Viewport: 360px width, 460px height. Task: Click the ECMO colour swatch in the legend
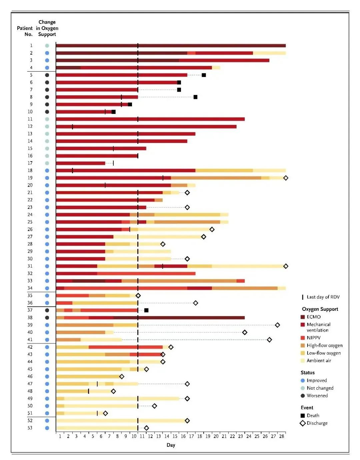[303, 317]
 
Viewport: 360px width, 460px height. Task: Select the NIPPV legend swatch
[303, 338]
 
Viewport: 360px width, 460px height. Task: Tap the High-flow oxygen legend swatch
[303, 345]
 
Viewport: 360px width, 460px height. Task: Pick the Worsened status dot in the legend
[303, 396]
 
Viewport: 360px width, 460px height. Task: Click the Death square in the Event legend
[303, 415]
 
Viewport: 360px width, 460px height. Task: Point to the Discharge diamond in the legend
[303, 423]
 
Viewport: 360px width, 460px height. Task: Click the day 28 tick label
[282, 436]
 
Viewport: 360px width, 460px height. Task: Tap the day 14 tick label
[167, 436]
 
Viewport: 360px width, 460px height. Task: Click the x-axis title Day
[171, 445]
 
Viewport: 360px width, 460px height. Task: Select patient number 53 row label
[30, 428]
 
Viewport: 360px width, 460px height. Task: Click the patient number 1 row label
[31, 45]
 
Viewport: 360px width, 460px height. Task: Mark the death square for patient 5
[204, 75]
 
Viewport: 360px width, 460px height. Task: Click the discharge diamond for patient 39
[277, 325]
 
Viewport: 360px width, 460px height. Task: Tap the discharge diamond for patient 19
[286, 178]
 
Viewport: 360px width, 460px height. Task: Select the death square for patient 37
[146, 310]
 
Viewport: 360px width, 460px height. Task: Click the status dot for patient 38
[47, 317]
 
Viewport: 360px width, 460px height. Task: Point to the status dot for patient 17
[47, 163]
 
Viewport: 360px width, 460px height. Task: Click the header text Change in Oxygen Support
[47, 28]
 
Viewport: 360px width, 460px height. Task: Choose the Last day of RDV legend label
[323, 297]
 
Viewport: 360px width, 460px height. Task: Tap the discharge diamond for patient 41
[269, 340]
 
